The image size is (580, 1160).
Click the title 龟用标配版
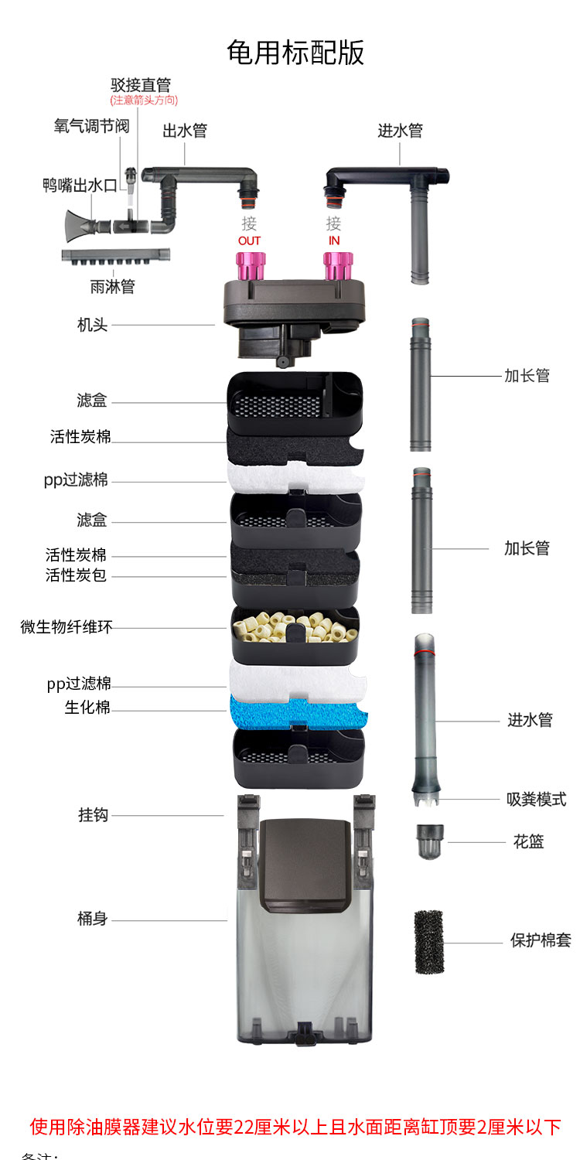click(295, 53)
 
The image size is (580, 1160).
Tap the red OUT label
click(249, 241)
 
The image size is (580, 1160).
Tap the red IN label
click(334, 241)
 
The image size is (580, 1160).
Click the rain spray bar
click(116, 258)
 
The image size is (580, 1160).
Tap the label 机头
click(93, 325)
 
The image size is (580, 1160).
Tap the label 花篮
click(529, 841)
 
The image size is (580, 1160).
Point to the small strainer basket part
click(430, 841)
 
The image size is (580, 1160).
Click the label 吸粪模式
click(536, 799)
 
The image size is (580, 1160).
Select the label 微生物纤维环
click(67, 627)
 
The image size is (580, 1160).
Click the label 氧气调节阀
click(91, 126)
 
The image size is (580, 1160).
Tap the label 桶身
click(93, 919)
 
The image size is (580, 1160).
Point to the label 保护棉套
click(541, 941)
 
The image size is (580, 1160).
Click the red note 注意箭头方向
click(144, 101)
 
